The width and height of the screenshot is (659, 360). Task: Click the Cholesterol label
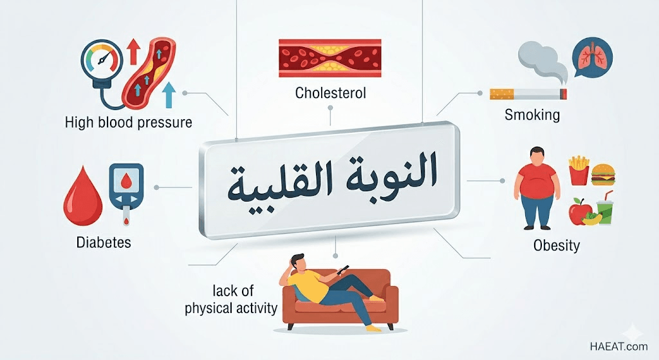point(330,93)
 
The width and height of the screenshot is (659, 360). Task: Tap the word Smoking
point(532,115)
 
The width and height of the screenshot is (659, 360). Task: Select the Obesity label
point(557,245)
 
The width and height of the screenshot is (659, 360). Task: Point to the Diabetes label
point(104,242)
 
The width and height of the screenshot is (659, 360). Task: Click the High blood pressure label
point(128,122)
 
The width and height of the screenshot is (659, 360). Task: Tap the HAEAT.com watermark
point(618,346)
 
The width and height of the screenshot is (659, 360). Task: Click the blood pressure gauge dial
point(102,59)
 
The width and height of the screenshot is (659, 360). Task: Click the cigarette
point(528,94)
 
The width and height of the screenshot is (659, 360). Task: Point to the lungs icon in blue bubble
point(593,58)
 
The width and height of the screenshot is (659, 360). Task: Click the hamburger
point(603,175)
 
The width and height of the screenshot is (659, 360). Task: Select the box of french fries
point(579,170)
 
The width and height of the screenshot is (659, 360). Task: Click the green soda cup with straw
point(605,209)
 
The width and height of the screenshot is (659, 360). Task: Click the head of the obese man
point(537,155)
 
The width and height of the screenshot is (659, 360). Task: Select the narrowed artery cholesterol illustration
point(330,58)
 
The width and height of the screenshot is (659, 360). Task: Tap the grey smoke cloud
point(542,61)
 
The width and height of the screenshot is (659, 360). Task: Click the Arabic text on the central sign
point(333,179)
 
